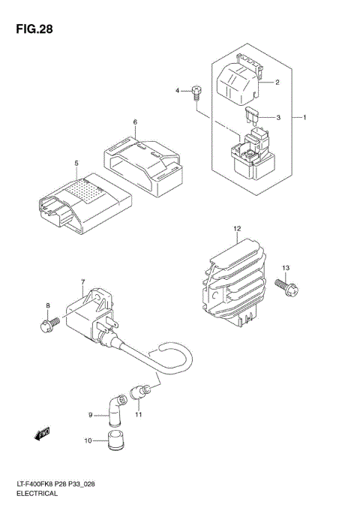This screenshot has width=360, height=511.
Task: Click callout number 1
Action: point(304,118)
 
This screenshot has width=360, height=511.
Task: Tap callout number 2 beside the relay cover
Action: point(277,83)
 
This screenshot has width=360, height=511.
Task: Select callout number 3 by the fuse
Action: point(277,118)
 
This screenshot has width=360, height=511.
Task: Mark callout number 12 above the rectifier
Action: point(236,228)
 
